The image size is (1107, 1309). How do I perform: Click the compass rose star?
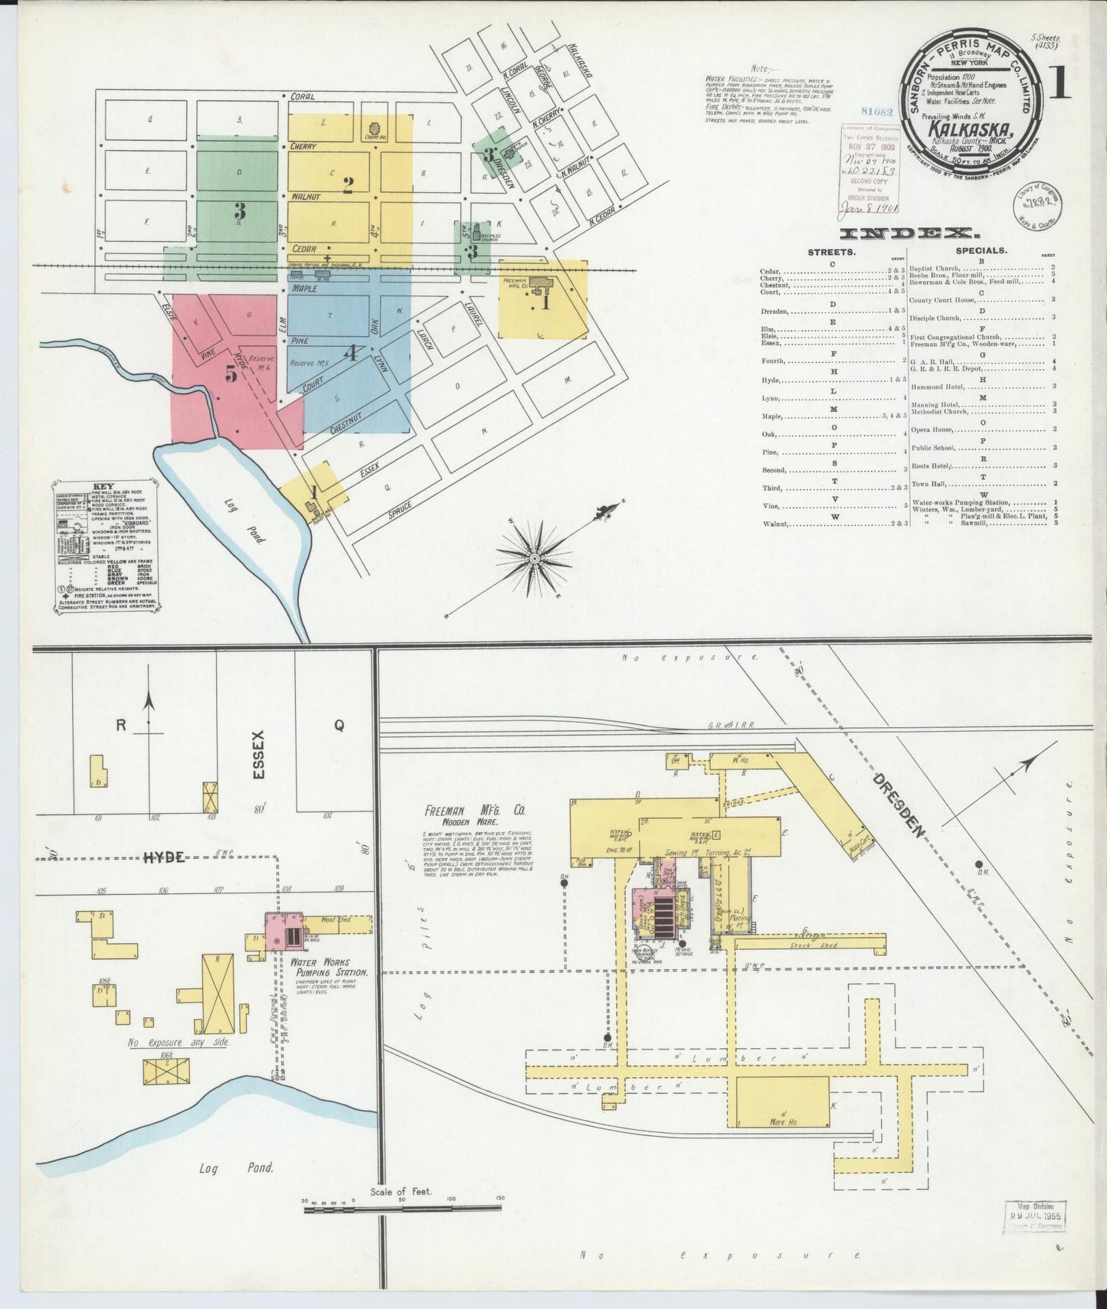click(x=534, y=557)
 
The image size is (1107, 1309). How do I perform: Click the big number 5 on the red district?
click(x=231, y=374)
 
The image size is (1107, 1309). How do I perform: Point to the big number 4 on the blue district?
click(x=350, y=352)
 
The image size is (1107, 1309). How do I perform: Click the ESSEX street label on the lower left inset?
click(x=258, y=756)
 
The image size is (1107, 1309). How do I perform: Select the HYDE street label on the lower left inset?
click(x=164, y=858)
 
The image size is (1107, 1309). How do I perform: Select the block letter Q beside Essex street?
click(x=339, y=727)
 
